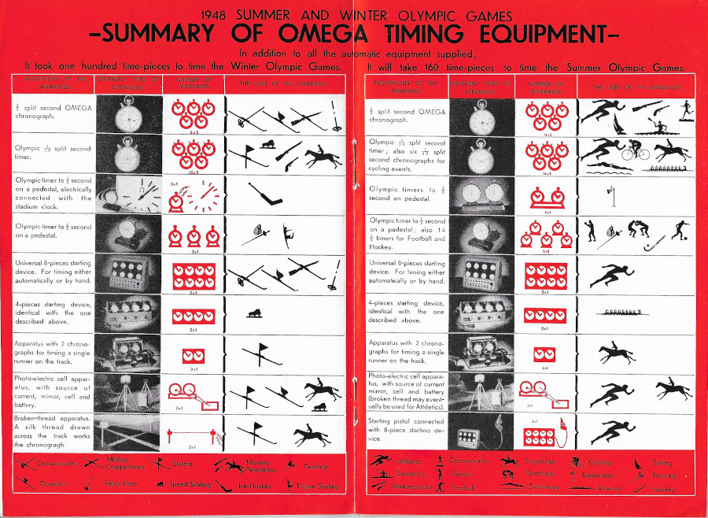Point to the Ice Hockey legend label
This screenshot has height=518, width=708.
click(256, 486)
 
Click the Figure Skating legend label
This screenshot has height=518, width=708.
click(319, 486)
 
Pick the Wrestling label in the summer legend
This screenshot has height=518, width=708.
click(539, 474)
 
